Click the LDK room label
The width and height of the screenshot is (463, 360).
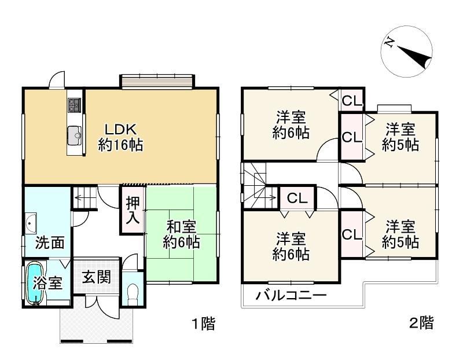pos(120,137)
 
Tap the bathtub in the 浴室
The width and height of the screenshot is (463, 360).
pos(35,284)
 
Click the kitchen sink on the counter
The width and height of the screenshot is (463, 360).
pos(75,135)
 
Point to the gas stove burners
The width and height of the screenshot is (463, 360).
pos(75,105)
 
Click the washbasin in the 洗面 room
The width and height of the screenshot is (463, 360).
pos(31,223)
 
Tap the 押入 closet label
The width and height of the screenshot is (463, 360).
pos(133,210)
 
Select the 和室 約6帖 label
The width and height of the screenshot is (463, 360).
pos(181,235)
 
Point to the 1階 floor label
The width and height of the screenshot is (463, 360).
pos(204,323)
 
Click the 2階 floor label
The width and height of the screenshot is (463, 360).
pos(421,323)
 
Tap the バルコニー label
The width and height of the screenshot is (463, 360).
pos(291,295)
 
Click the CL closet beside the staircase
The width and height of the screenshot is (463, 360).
pos(297,198)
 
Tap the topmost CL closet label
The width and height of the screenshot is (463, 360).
pos(352,101)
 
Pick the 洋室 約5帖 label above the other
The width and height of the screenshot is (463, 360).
pos(400,137)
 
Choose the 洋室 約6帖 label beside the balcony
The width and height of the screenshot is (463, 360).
pos(291,247)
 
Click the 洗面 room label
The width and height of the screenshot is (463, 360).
pos(50,243)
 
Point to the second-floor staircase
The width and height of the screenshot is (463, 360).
pos(259,185)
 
